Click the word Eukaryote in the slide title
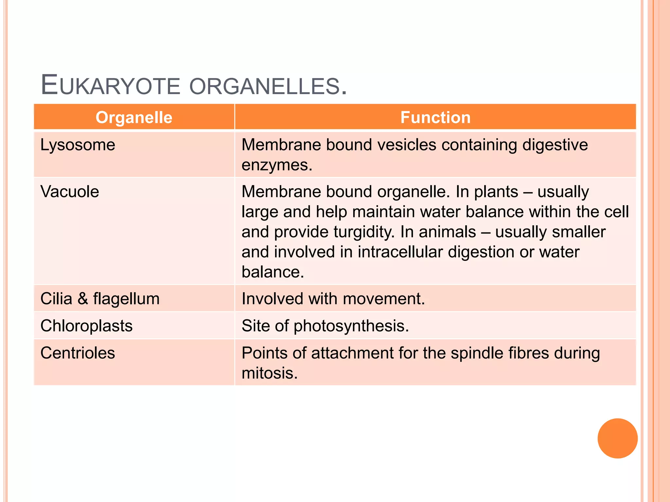click(x=110, y=86)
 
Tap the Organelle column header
click(x=134, y=117)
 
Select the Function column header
click(x=435, y=117)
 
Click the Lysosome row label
click(x=78, y=145)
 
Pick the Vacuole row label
click(x=70, y=192)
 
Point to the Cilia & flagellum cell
click(x=100, y=299)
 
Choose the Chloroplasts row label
click(x=86, y=326)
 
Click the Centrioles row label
click(x=78, y=353)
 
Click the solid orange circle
click(x=617, y=438)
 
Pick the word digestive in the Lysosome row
click(x=555, y=145)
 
